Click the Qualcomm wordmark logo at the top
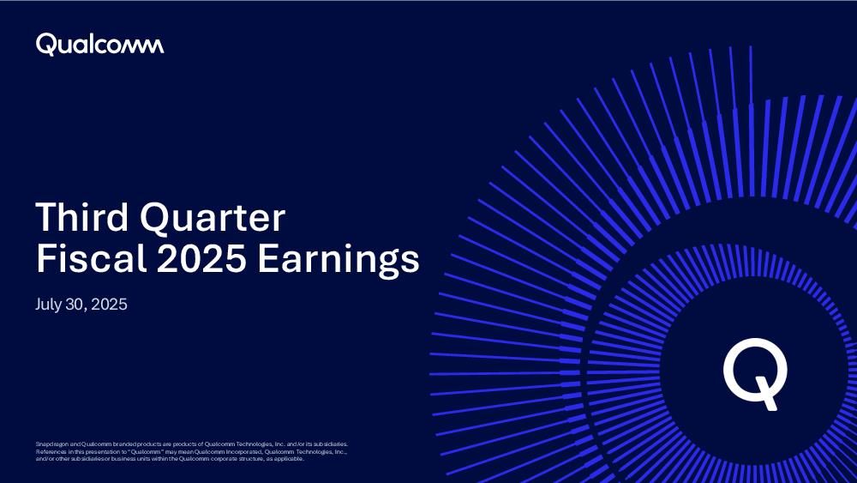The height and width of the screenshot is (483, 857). (99, 45)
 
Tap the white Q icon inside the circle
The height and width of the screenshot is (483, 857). (755, 373)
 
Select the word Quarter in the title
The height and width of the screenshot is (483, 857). (213, 220)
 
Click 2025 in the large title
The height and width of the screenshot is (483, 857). (201, 258)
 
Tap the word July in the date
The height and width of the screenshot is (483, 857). (48, 305)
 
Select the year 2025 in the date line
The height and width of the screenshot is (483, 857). (110, 305)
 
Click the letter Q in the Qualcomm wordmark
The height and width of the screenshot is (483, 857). (46, 45)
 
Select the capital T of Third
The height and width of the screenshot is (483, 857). (47, 217)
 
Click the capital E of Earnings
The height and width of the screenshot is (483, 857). (267, 258)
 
